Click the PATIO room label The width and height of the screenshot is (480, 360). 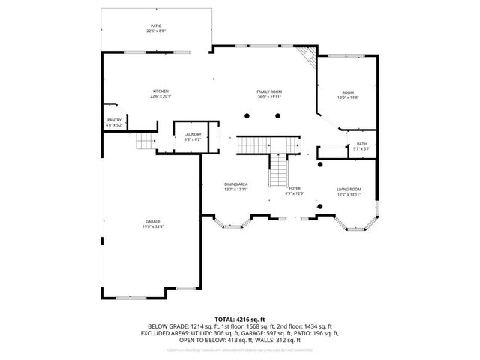(155, 26)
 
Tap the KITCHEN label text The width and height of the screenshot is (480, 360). (160, 91)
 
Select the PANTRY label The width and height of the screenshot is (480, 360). (114, 120)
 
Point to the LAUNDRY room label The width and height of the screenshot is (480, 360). (193, 135)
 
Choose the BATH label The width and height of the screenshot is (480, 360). (361, 144)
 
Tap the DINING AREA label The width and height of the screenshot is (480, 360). (235, 184)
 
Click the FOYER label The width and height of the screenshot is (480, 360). (295, 188)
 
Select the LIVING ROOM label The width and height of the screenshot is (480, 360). (349, 189)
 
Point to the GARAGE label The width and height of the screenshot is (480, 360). (154, 222)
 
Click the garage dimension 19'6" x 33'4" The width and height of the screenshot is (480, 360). (154, 227)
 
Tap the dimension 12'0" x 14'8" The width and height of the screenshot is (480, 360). (349, 97)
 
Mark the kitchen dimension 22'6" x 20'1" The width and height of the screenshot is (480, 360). (160, 96)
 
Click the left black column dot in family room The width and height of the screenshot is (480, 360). (247, 115)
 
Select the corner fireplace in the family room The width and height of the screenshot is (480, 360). (304, 57)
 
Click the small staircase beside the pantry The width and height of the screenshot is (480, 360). (145, 142)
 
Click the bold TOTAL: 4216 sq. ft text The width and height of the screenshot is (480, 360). (240, 319)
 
